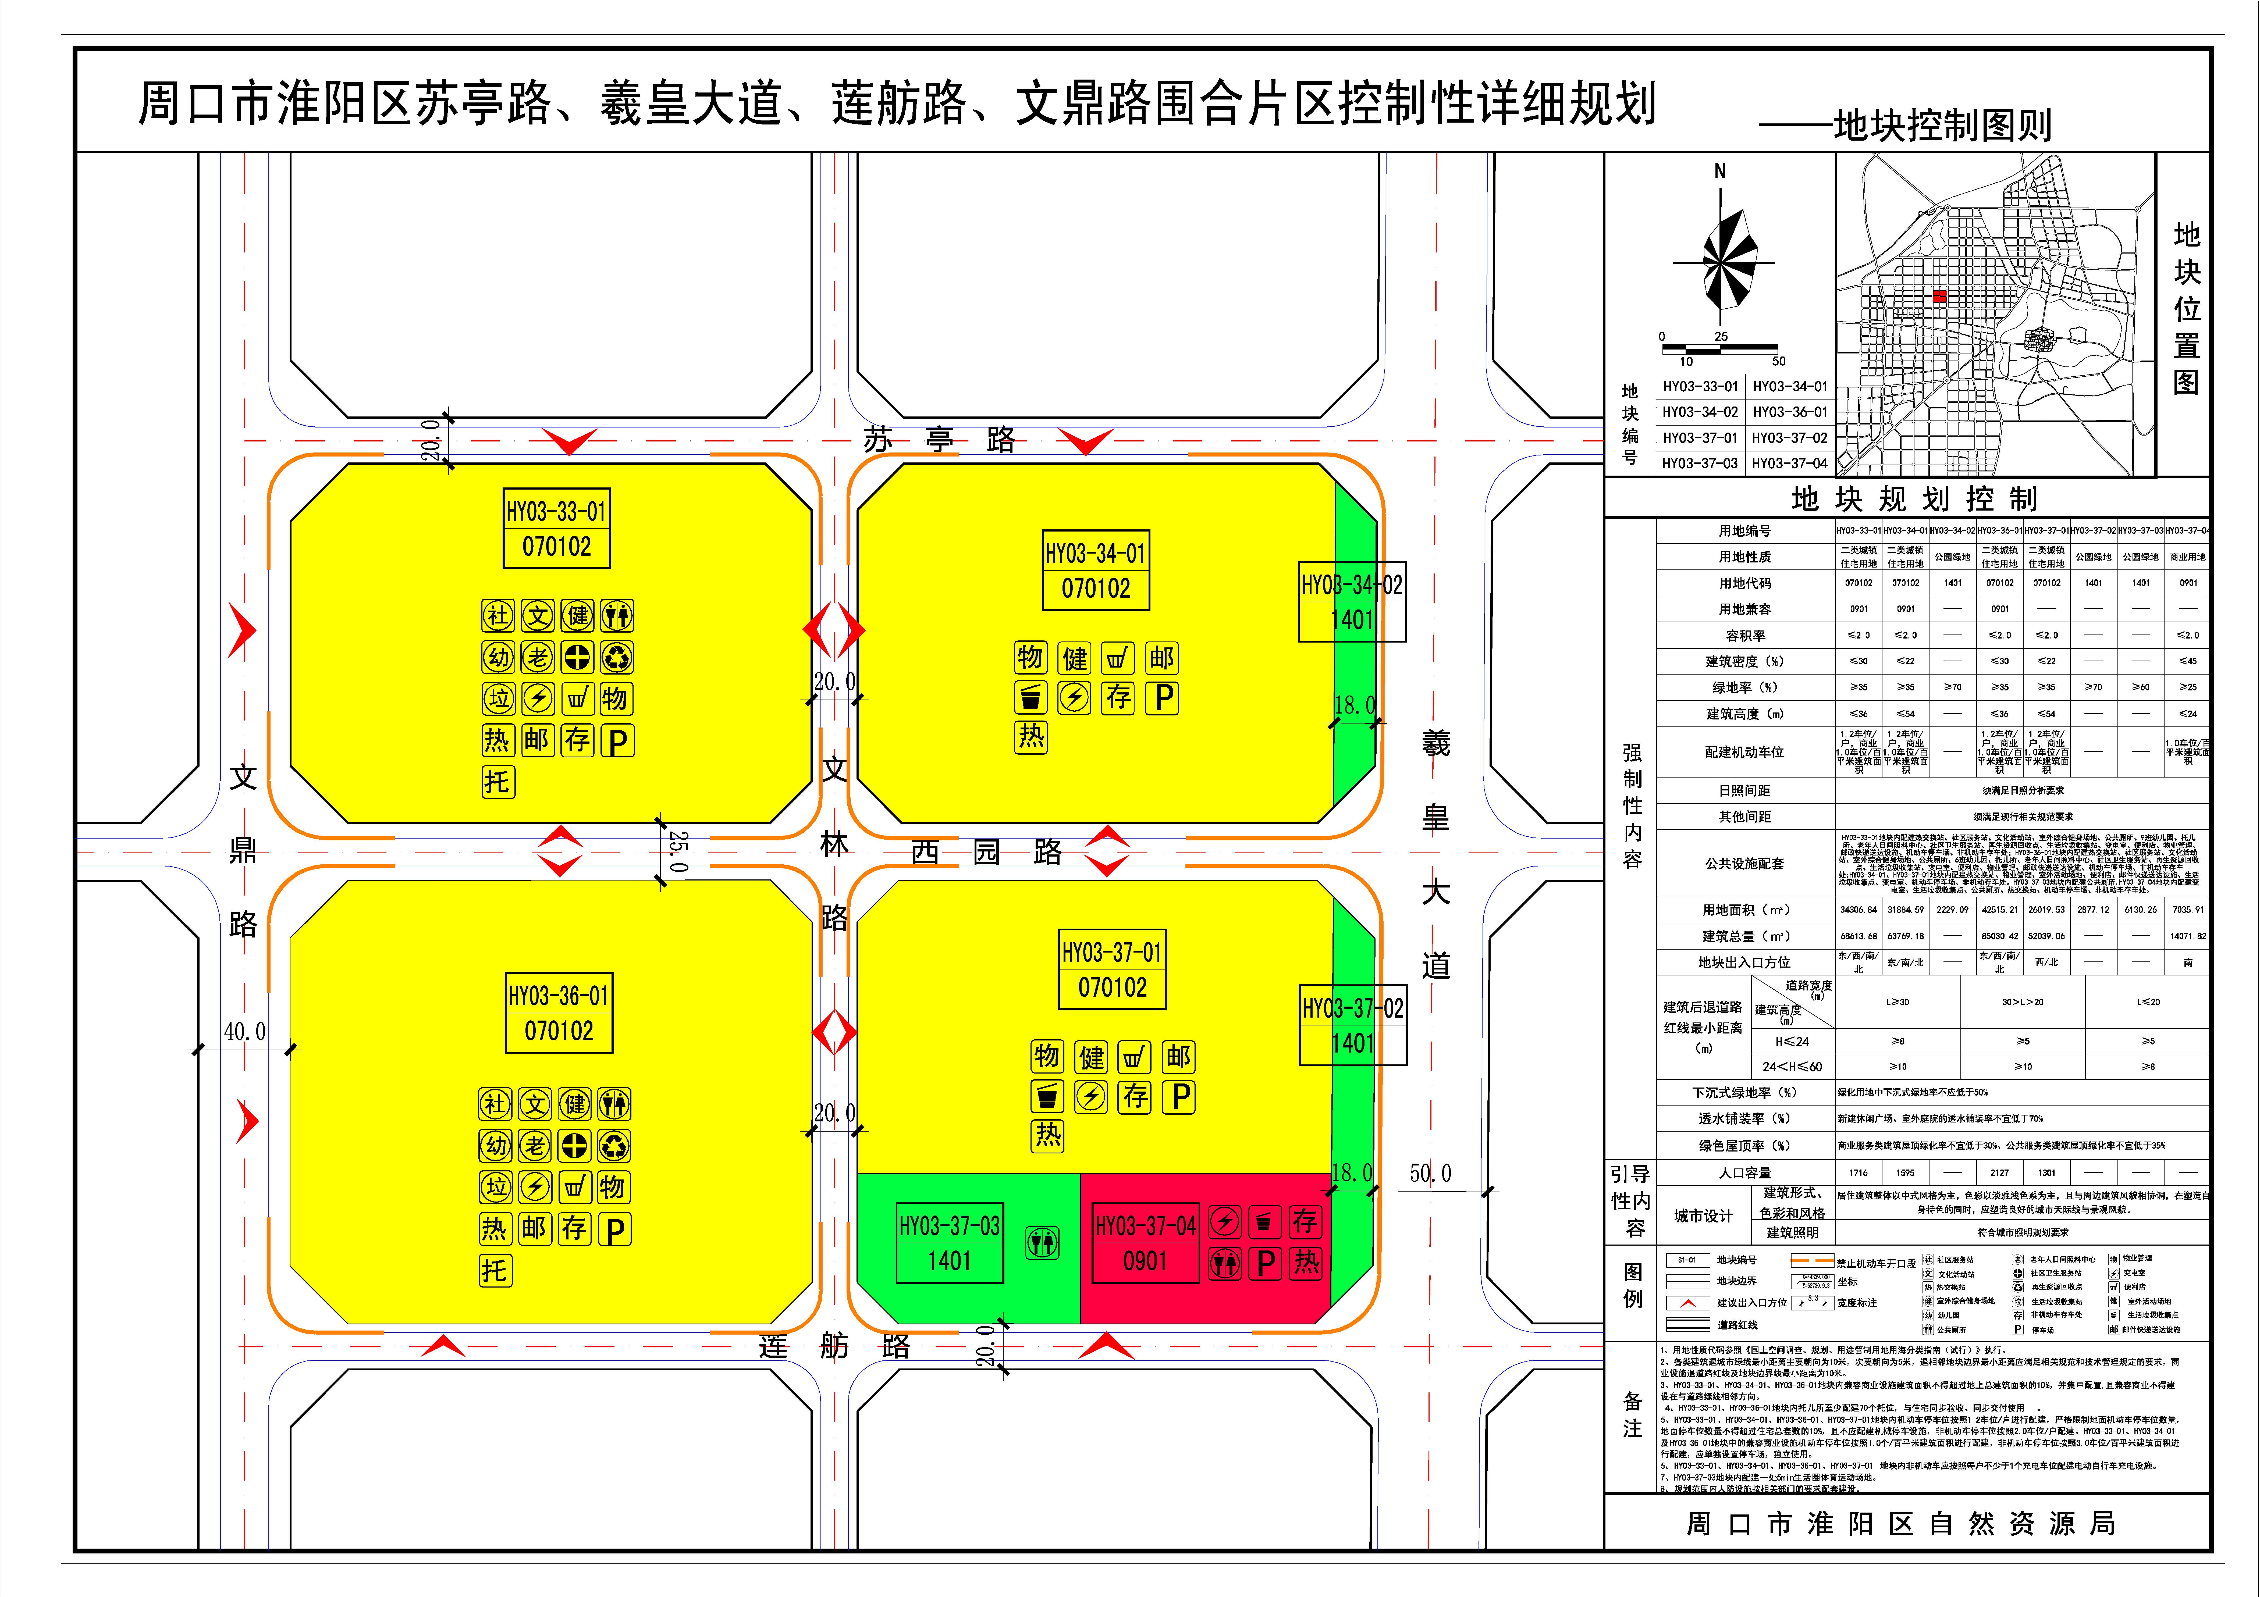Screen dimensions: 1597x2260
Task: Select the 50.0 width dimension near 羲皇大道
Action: click(x=1430, y=1173)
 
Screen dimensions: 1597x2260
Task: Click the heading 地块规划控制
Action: click(x=1914, y=499)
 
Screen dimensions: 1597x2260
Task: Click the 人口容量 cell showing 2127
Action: click(x=1999, y=1173)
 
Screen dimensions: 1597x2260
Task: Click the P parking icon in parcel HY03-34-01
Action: click(x=1163, y=698)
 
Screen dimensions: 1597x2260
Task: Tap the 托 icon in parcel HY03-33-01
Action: click(x=497, y=782)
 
